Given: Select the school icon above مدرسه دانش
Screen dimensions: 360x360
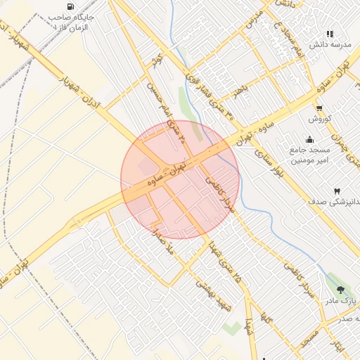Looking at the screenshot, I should tap(330, 33).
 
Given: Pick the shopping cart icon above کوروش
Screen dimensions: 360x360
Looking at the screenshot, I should tap(320, 108).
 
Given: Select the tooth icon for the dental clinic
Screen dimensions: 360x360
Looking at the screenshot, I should tap(336, 191).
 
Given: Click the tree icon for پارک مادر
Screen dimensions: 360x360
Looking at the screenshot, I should tap(342, 289).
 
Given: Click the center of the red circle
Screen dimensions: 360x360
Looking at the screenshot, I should tap(180, 179).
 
